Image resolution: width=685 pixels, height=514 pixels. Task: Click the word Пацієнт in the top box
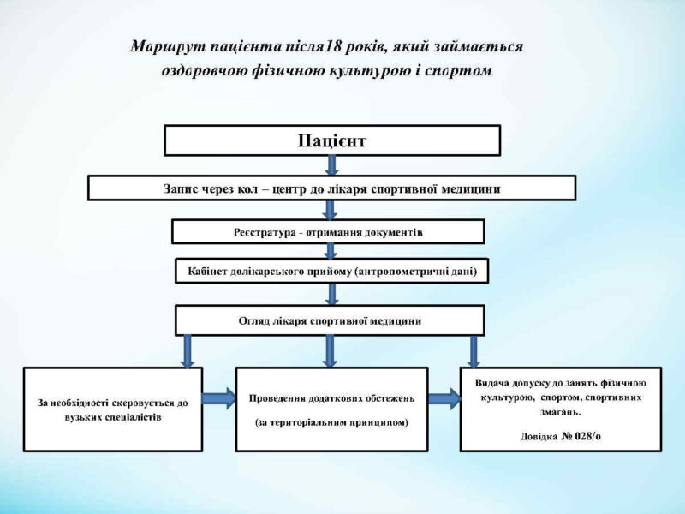332,141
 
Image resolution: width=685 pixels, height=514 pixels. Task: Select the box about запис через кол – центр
331,188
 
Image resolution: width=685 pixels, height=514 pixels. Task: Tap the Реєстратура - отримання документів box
328,231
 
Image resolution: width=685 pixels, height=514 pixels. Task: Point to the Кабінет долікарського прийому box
332,271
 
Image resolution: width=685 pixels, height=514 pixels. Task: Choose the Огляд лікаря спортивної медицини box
330,320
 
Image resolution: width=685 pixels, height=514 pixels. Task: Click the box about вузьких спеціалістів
113,409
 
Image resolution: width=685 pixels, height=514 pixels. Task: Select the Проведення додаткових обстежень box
331,409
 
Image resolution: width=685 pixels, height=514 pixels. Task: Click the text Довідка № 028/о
561,436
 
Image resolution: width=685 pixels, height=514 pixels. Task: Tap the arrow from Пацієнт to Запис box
331,165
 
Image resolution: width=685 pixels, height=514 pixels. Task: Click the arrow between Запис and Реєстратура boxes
331,210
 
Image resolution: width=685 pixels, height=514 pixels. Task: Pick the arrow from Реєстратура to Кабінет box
331,251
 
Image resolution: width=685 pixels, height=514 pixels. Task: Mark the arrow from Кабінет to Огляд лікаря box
332,294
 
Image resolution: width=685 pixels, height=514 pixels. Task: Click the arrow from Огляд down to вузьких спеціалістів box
188,351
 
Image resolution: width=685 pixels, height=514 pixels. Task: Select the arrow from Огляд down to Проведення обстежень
330,351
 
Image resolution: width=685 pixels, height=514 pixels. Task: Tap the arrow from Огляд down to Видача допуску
474,352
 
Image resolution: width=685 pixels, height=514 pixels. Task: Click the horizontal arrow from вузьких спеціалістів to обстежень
219,398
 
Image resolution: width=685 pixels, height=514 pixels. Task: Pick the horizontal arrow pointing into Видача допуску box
444,398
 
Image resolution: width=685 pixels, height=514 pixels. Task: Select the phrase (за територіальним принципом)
331,422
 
